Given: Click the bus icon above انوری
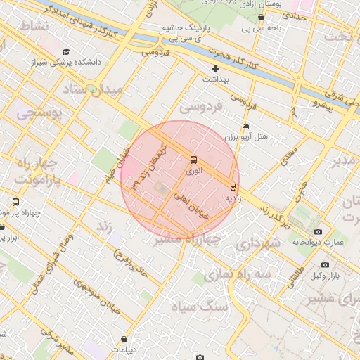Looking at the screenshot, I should [x=194, y=160].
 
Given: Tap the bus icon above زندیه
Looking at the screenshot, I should [x=232, y=186].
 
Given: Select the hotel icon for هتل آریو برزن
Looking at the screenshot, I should [x=245, y=127].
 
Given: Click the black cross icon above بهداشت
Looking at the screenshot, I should [x=215, y=68].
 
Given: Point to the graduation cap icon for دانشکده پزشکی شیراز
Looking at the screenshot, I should [x=65, y=52].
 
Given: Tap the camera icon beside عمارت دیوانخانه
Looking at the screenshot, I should [x=318, y=231].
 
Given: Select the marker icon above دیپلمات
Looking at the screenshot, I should [x=124, y=339].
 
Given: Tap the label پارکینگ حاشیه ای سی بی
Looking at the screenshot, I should [x=188, y=32].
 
